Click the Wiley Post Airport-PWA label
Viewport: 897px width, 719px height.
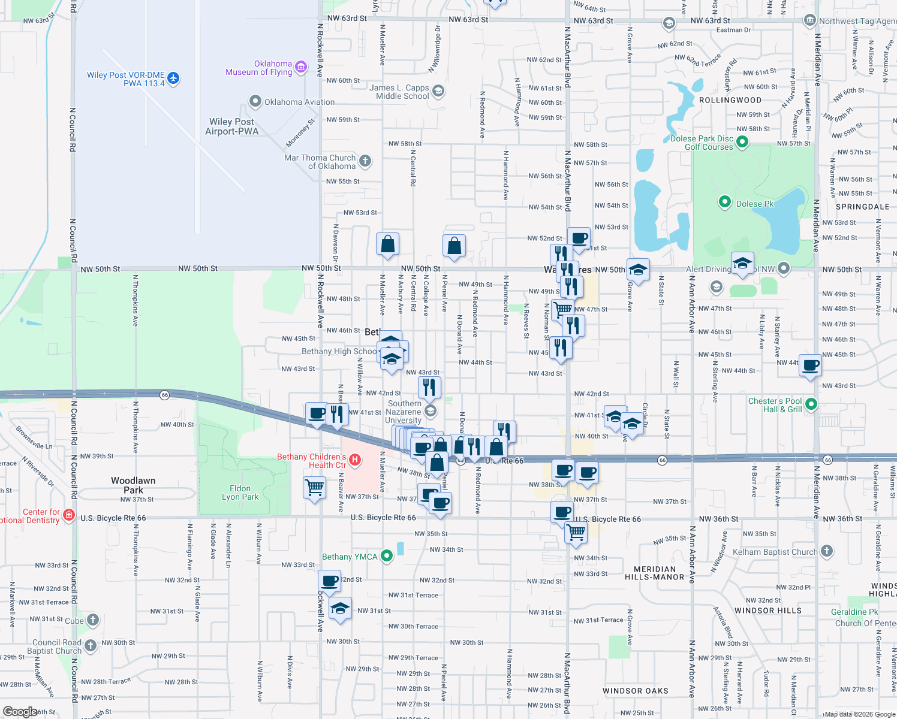(x=232, y=126)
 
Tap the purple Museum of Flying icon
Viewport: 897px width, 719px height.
(x=301, y=67)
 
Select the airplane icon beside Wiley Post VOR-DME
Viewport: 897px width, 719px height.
(x=173, y=78)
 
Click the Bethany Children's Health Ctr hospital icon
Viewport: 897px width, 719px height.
(x=355, y=460)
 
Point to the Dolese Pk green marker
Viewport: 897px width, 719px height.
(x=724, y=203)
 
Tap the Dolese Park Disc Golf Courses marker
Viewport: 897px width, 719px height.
(x=742, y=142)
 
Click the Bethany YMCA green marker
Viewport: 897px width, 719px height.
(x=387, y=556)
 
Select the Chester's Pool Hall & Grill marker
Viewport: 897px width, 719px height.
(x=811, y=404)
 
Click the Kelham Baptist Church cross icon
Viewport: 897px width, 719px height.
(x=827, y=551)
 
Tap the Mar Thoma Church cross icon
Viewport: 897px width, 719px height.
(x=365, y=161)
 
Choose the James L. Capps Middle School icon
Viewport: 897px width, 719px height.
(x=438, y=91)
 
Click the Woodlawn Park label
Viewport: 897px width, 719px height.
(x=133, y=485)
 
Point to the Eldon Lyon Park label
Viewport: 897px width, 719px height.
(x=240, y=493)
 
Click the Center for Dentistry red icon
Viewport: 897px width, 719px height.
(x=68, y=515)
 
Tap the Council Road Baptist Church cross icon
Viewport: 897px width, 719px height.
(x=91, y=645)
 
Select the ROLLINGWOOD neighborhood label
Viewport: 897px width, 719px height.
(x=730, y=100)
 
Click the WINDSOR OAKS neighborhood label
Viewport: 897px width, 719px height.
(x=635, y=691)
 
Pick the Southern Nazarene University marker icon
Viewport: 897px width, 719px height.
(x=430, y=411)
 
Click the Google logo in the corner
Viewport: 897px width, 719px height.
(x=20, y=711)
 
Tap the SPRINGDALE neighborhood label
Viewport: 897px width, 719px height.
(x=862, y=207)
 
